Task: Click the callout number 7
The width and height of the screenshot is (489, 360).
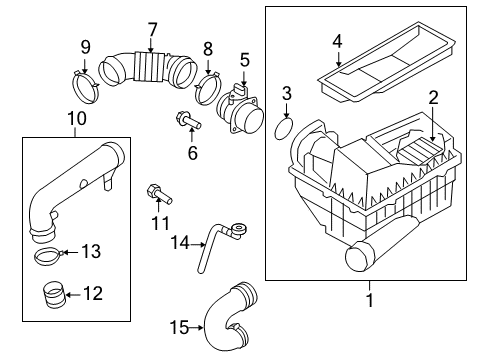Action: coord(152,30)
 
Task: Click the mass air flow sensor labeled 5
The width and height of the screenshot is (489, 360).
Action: coord(240,110)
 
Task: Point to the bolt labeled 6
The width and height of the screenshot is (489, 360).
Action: coord(188,121)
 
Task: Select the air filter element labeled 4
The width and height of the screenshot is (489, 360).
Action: coord(387,62)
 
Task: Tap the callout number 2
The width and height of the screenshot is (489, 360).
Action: coord(433,98)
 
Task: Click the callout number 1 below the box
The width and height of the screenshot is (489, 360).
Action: coord(369,299)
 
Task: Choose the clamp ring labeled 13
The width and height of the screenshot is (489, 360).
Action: coord(48,255)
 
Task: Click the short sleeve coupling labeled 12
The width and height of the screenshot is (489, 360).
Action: coord(53,294)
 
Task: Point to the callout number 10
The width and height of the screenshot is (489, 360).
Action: coord(77,119)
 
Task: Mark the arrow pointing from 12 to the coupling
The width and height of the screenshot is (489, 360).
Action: coord(73,295)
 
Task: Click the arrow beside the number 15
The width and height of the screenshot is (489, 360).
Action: coord(196,328)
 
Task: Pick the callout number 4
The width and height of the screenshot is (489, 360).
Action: coord(337,42)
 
